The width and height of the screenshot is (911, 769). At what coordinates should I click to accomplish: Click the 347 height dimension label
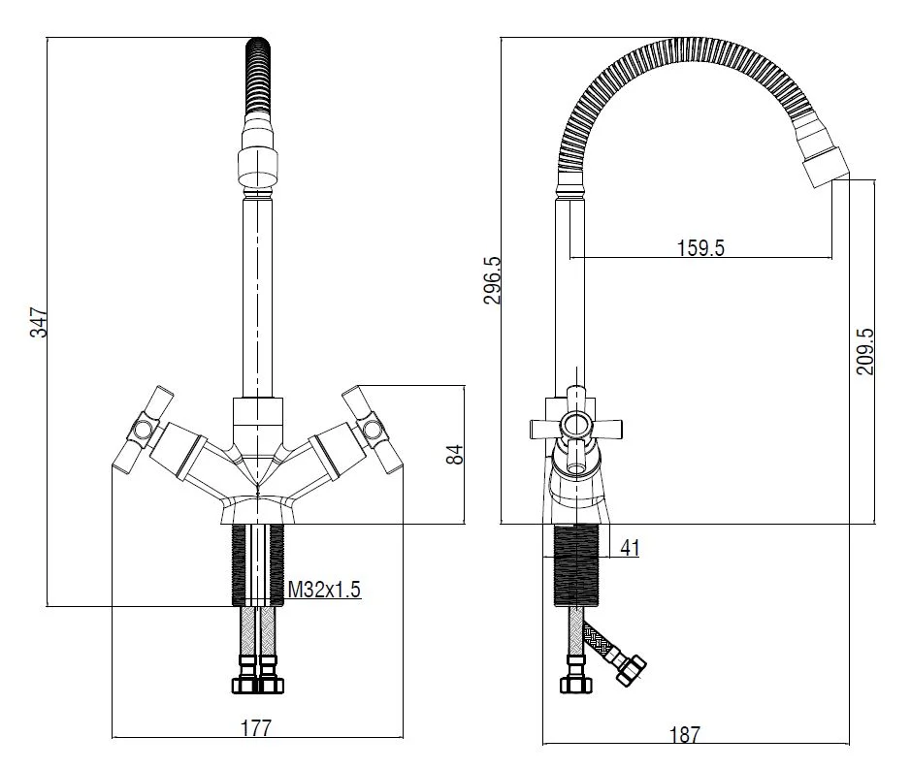[x=39, y=322]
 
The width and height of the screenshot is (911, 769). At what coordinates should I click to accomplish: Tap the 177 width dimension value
[x=256, y=727]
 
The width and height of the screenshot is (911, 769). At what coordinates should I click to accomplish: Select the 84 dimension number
[x=456, y=454]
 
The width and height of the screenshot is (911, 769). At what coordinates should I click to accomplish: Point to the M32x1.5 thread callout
[x=325, y=590]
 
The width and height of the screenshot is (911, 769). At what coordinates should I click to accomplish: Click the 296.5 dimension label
[x=492, y=280]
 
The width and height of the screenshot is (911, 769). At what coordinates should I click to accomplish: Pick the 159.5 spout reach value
[x=700, y=248]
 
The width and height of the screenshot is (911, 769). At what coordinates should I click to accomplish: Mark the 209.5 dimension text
[x=865, y=351]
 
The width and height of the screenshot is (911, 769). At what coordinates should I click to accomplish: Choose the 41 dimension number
[x=630, y=548]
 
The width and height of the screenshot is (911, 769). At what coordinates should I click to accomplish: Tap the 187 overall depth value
[x=685, y=735]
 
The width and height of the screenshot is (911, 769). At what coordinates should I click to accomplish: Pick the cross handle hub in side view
[x=576, y=426]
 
